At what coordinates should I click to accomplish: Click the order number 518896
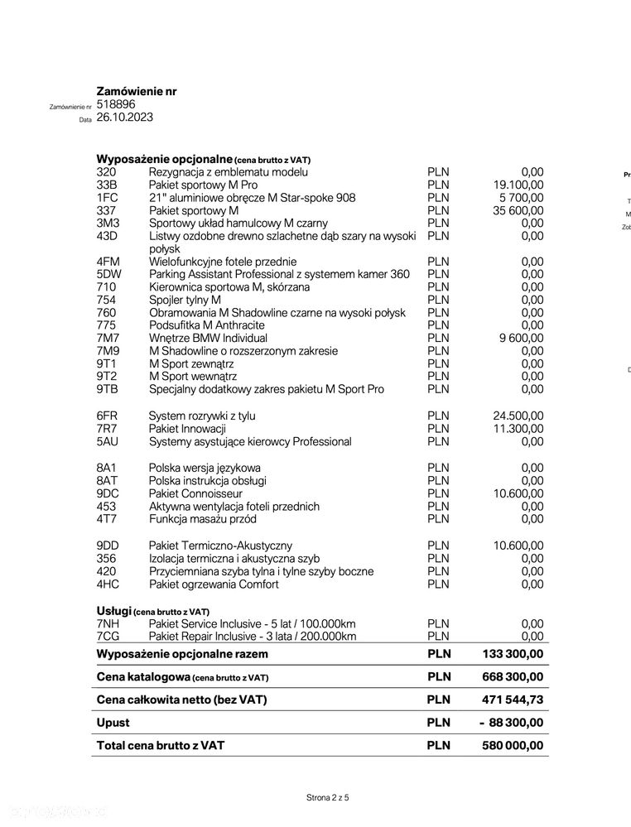pos(115,104)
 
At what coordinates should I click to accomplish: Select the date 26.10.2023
pos(124,118)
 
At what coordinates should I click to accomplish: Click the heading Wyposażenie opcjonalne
pos(165,159)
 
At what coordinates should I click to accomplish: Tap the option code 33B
pos(107,185)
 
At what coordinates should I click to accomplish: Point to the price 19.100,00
pos(518,185)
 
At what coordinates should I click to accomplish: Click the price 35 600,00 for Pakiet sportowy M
pos(518,210)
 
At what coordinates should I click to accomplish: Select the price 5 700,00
pos(522,198)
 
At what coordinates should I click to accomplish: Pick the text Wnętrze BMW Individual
pos(208,338)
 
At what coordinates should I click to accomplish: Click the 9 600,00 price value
pos(522,338)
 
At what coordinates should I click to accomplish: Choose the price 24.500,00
pos(518,416)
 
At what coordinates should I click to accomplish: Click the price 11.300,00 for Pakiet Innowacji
pos(518,429)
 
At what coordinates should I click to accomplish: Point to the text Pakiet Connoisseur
pos(195,493)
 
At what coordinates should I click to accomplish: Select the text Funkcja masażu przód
pos(202,519)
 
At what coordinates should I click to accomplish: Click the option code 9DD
pos(108,546)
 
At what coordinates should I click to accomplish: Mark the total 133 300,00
pos(513,654)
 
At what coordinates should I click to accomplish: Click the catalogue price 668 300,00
pos(513,676)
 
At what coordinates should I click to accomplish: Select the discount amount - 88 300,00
pos(511,723)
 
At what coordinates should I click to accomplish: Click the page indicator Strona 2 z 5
pos(328,798)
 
